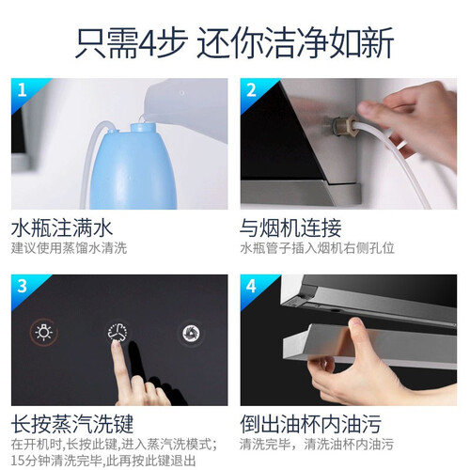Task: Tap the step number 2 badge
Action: (x=251, y=90)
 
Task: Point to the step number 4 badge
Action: (x=251, y=287)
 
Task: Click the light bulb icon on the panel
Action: (x=44, y=332)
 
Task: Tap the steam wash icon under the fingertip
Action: (x=117, y=332)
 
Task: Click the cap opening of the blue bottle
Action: (x=143, y=127)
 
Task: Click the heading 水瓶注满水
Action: (x=62, y=228)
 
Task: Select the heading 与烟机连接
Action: (x=290, y=228)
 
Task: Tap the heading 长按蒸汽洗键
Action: (x=72, y=424)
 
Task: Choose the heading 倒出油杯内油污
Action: (x=310, y=424)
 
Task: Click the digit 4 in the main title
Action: (x=148, y=44)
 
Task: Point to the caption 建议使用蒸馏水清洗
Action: (x=69, y=248)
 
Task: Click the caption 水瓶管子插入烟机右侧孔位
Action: (x=317, y=248)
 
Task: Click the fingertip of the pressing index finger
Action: (x=117, y=345)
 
